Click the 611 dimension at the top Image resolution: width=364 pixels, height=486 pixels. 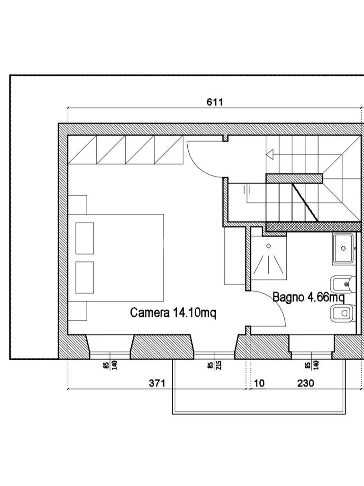point(215,102)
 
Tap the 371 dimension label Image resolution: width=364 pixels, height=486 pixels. point(157,383)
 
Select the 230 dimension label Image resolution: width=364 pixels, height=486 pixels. point(306,383)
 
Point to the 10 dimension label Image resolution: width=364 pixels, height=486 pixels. point(259,383)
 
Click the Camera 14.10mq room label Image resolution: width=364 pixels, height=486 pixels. point(173,313)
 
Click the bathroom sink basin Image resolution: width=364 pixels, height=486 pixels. point(343,248)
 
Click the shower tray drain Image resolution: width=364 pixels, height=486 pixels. point(269,246)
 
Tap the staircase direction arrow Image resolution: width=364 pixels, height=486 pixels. point(270,153)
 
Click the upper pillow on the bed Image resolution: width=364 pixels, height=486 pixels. point(85,238)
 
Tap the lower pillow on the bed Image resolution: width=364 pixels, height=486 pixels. point(85,277)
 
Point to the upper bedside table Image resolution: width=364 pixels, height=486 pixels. point(77,205)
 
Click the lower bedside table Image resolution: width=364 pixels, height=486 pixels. point(77,310)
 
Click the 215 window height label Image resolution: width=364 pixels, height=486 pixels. point(219,365)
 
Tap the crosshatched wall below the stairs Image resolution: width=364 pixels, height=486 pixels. point(314,226)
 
